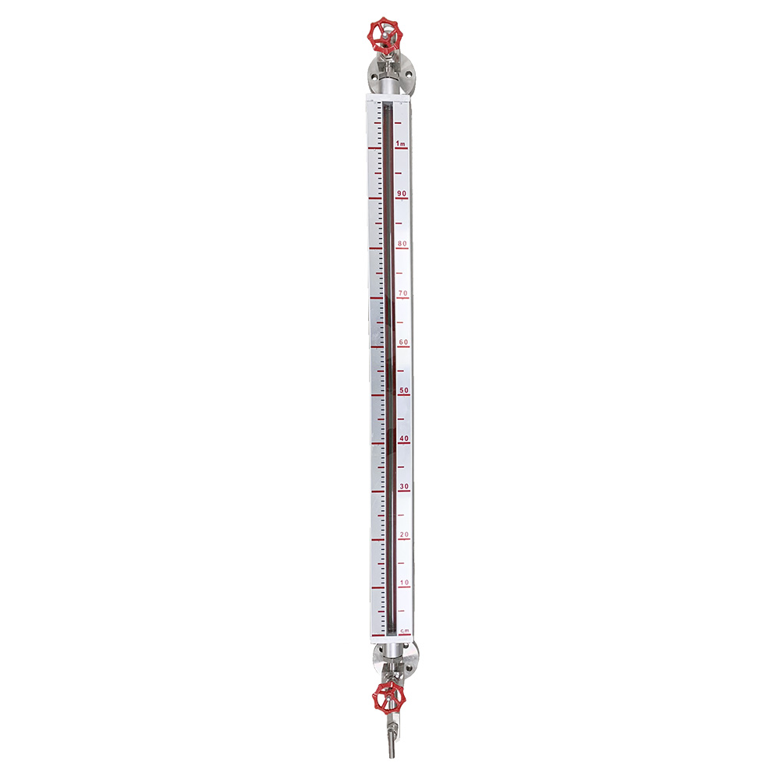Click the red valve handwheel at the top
[x=385, y=35]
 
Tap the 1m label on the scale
[x=400, y=144]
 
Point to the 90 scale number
[x=402, y=193]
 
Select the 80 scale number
[x=402, y=243]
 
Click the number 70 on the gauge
[x=403, y=293]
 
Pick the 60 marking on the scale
[x=403, y=342]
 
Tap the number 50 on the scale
[x=404, y=391]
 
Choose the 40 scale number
[x=404, y=438]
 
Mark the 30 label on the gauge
[x=404, y=487]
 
